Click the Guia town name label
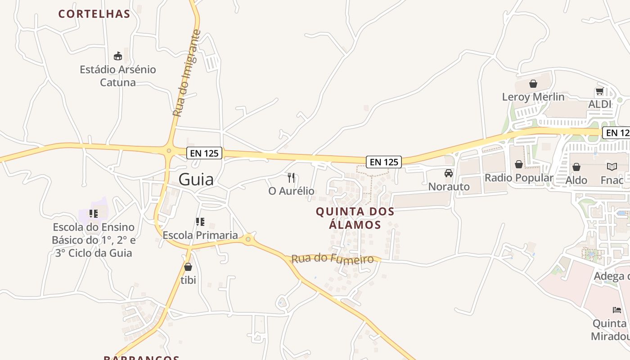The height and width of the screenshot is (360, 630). pos(196,179)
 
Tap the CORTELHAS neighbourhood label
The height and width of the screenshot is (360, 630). pos(94,14)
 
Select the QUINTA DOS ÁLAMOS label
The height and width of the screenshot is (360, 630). pos(355,218)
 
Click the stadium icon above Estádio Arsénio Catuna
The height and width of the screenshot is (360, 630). pos(118,56)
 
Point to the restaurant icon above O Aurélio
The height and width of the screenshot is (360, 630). pos(291,178)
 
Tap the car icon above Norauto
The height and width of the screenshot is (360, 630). pos(449,173)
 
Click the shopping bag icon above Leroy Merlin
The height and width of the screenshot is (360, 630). pos(533,84)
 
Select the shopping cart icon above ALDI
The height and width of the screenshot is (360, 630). pos(599,92)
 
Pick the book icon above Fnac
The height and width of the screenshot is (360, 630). pos(612,167)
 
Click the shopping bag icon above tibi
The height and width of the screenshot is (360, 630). pos(188,267)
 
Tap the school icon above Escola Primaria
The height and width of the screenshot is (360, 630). pos(200,221)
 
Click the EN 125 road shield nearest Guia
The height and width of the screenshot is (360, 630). pos(205,153)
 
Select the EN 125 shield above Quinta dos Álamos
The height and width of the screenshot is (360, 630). pos(384,162)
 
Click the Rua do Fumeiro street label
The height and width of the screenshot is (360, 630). pos(333,259)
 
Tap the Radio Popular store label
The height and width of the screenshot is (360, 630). pos(519,178)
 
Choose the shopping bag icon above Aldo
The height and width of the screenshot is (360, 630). pos(576,167)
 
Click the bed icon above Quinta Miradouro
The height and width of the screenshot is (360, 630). pos(617,310)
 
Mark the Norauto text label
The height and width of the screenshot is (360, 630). pos(449,186)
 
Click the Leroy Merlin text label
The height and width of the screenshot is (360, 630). pos(533,97)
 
